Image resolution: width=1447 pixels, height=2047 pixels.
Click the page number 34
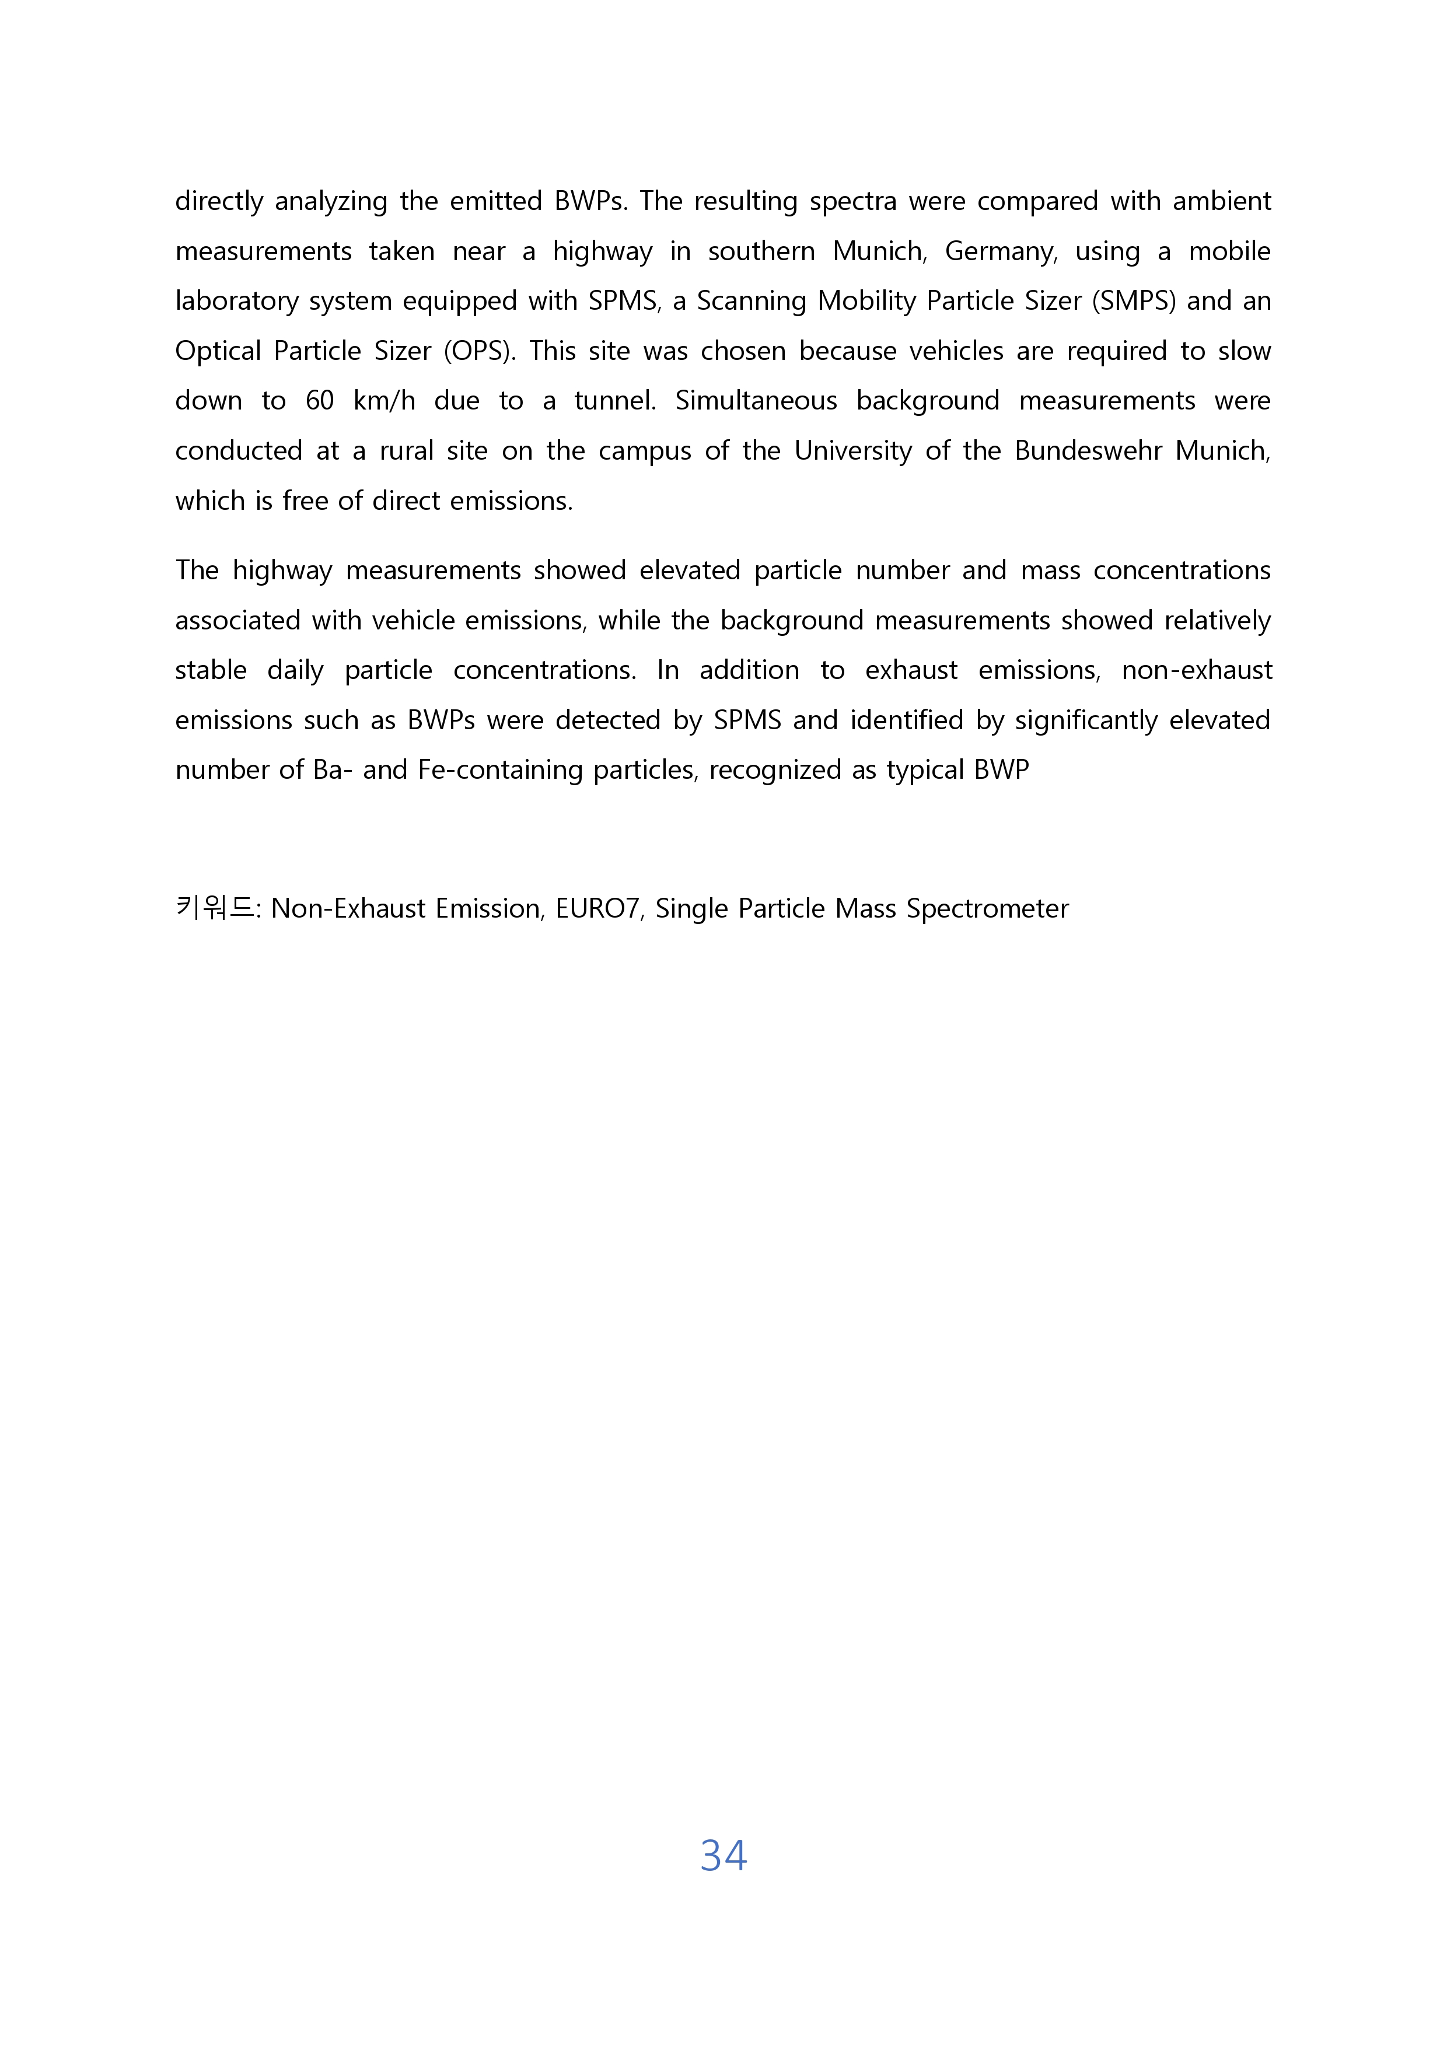tap(723, 1855)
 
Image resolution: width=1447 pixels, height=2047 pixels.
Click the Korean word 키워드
tap(215, 908)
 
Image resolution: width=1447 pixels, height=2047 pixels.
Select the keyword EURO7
tap(597, 908)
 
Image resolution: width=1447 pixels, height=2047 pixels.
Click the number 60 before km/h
tap(319, 401)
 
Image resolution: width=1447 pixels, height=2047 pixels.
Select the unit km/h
tap(385, 401)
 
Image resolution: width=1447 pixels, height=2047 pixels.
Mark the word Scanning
tap(751, 302)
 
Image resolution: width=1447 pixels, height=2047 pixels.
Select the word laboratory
tap(236, 302)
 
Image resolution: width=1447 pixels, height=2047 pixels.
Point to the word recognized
tap(774, 770)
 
